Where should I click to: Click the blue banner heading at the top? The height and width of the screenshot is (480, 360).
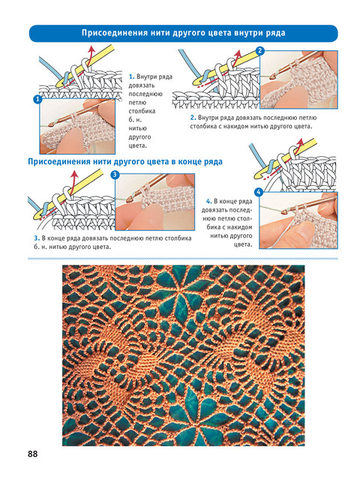[183, 33]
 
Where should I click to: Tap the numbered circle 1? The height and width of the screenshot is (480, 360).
[37, 100]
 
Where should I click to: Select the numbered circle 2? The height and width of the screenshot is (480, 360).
[260, 51]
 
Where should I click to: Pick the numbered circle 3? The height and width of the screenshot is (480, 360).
[115, 175]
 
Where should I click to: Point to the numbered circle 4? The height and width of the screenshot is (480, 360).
[259, 192]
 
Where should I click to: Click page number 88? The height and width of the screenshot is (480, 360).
[33, 453]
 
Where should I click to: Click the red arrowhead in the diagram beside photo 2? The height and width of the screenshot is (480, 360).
[238, 53]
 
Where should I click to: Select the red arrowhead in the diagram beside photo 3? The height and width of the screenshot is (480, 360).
[73, 174]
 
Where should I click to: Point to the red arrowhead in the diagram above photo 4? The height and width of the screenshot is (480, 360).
[300, 142]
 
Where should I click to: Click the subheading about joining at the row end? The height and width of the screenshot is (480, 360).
[125, 161]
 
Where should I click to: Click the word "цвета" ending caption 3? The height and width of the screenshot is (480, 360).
[101, 247]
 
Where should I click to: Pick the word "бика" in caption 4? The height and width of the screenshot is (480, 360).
[214, 227]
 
